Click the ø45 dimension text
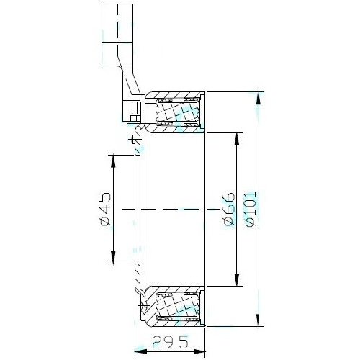pos(104,209)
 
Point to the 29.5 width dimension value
pos(169,345)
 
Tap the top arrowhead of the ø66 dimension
pos(235,138)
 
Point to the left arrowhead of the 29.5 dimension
pos(140,351)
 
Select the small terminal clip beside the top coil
pos(136,110)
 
